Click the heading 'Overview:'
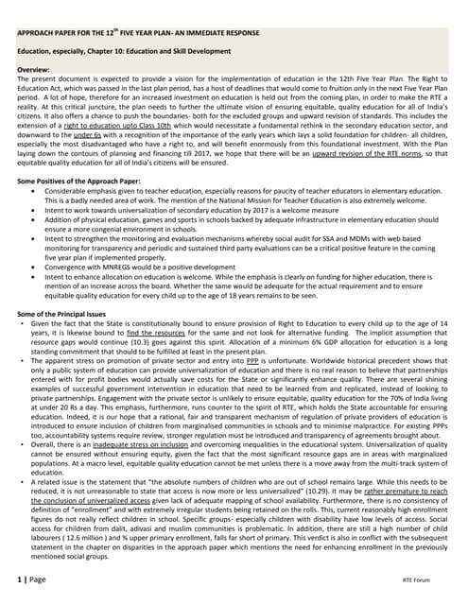click(38, 71)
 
